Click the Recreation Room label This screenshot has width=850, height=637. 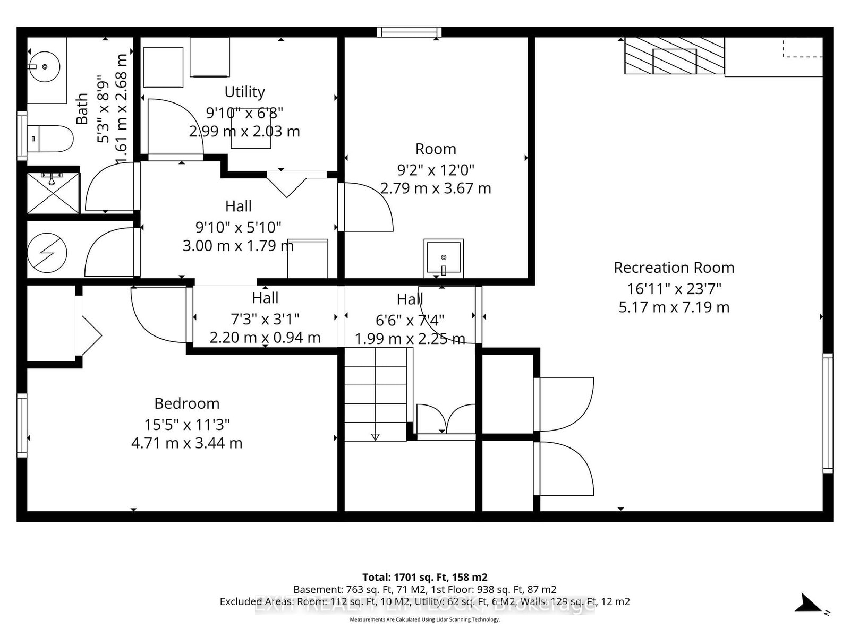(674, 268)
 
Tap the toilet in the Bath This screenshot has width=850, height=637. (50, 139)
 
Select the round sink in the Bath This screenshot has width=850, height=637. (45, 67)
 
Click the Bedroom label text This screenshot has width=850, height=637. (186, 403)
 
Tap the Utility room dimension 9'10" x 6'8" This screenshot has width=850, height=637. (244, 113)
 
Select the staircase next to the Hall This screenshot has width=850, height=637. (376, 394)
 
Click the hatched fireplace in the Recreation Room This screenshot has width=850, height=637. (674, 56)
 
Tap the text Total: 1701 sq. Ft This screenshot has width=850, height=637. (424, 577)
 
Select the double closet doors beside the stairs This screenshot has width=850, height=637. (446, 419)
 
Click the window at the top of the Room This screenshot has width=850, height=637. (409, 32)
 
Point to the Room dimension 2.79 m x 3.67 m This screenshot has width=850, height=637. (436, 188)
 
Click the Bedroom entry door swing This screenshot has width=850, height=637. (159, 313)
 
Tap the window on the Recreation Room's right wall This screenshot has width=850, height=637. (828, 412)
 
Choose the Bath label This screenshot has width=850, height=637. (82, 109)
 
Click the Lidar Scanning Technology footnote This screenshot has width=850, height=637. (424, 619)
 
